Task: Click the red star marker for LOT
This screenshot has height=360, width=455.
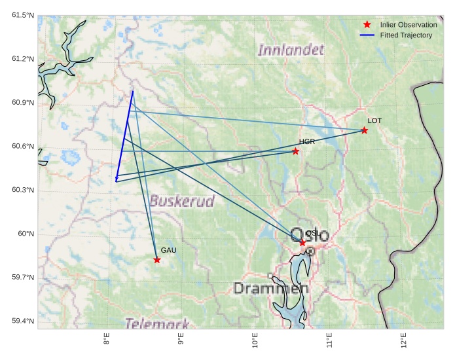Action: tap(364, 130)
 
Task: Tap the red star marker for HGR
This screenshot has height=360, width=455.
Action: tap(296, 151)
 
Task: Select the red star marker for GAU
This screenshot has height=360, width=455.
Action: tap(157, 260)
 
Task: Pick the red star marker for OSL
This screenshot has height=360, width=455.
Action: tap(302, 243)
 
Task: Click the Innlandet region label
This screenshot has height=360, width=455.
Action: tap(291, 50)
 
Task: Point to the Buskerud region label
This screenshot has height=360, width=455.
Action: tap(181, 200)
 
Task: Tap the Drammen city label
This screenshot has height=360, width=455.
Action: tap(270, 289)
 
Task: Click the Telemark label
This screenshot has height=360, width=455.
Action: tap(157, 323)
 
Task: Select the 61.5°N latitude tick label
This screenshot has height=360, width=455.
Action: tap(22, 15)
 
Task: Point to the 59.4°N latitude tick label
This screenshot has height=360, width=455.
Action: tap(22, 321)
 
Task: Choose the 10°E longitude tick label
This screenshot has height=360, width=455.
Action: tap(255, 343)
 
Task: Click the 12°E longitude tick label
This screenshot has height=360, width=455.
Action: tap(403, 343)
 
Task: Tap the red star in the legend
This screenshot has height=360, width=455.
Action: tap(367, 24)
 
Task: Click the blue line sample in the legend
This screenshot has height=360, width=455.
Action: tap(367, 35)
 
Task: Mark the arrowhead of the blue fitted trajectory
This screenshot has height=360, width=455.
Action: tap(117, 179)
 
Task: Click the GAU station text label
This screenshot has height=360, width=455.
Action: tap(169, 251)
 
